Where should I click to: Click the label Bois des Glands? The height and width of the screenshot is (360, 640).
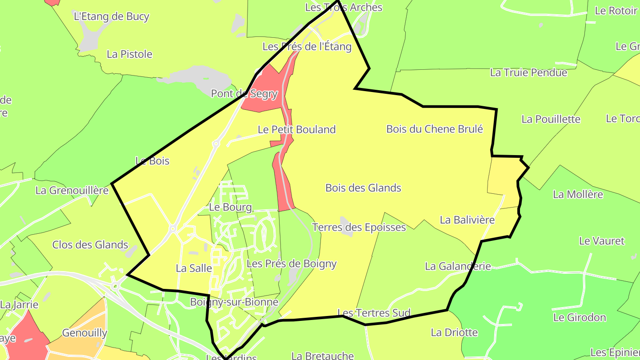pyautogui.click(x=363, y=188)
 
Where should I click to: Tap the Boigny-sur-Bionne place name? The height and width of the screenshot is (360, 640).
pyautogui.click(x=234, y=302)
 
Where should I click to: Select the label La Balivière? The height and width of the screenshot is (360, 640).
pyautogui.click(x=467, y=220)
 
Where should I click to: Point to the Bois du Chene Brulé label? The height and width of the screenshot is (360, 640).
pyautogui.click(x=434, y=129)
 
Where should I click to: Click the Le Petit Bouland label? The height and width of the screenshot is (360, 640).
pyautogui.click(x=296, y=130)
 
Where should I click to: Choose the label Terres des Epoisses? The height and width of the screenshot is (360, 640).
pyautogui.click(x=359, y=228)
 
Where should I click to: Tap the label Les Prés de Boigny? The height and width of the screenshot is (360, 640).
pyautogui.click(x=291, y=264)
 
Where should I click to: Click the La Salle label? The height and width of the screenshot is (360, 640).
pyautogui.click(x=194, y=268)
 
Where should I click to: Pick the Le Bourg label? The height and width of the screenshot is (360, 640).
pyautogui.click(x=230, y=208)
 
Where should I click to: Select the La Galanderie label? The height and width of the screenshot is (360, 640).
pyautogui.click(x=458, y=266)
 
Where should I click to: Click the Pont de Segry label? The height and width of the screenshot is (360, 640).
pyautogui.click(x=244, y=94)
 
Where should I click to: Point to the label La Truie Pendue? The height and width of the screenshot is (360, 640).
pyautogui.click(x=528, y=72)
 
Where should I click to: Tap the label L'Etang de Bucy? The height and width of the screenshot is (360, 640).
pyautogui.click(x=111, y=16)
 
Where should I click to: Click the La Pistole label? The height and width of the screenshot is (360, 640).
pyautogui.click(x=129, y=54)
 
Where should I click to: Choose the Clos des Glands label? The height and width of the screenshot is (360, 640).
pyautogui.click(x=90, y=245)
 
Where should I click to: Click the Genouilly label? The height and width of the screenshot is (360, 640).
pyautogui.click(x=84, y=333)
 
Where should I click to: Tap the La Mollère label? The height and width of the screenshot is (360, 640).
pyautogui.click(x=578, y=194)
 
